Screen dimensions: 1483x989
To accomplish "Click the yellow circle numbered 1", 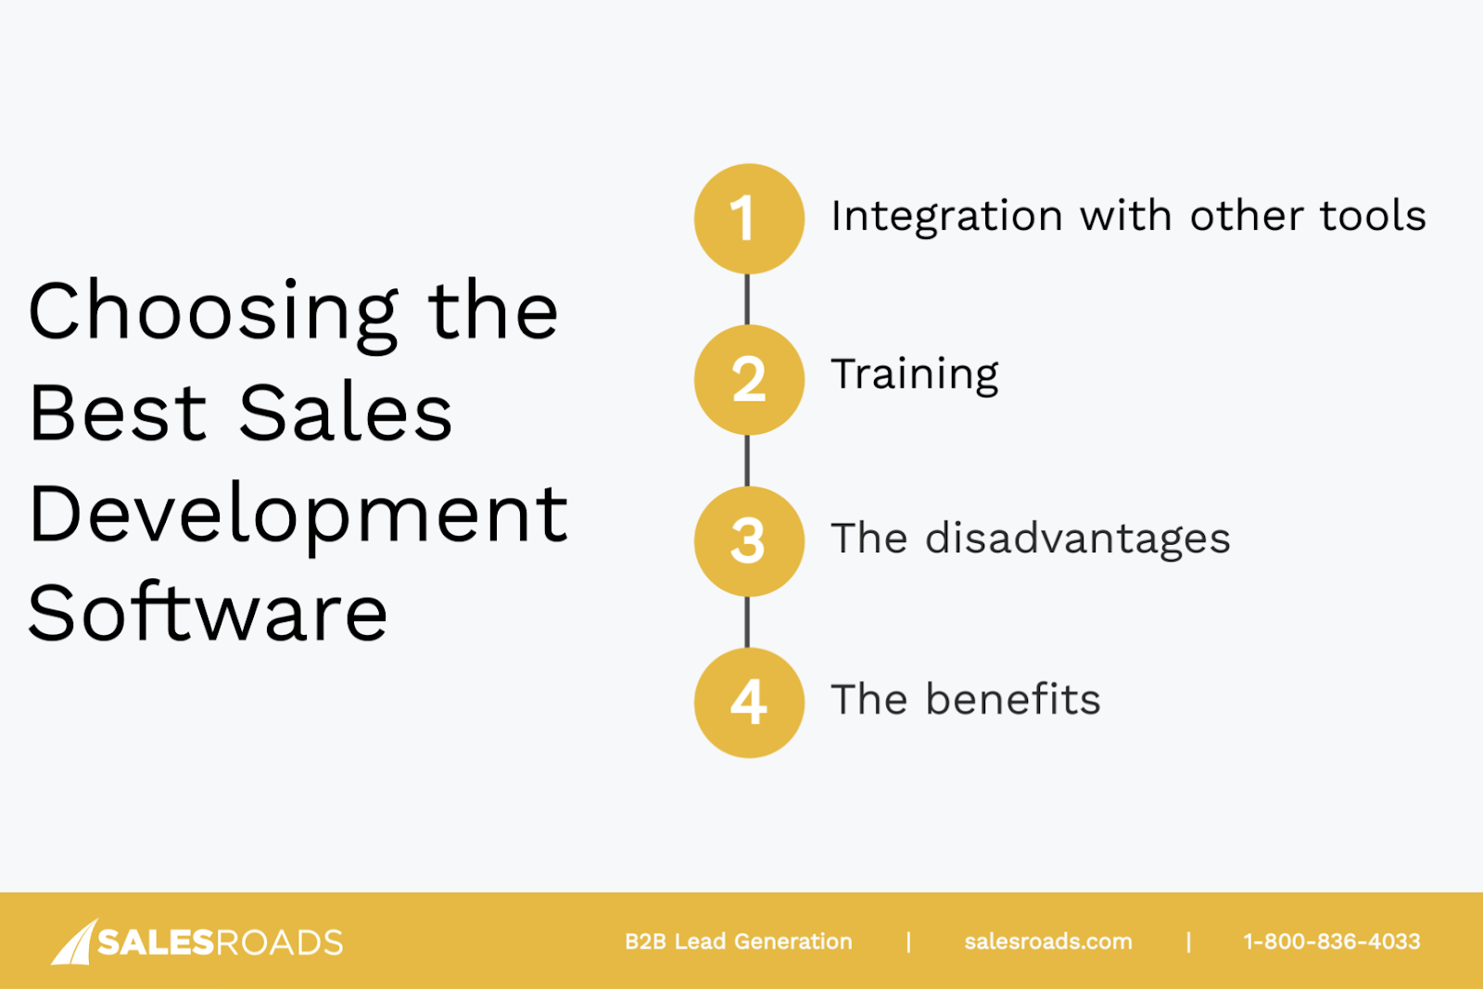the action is pyautogui.click(x=749, y=219).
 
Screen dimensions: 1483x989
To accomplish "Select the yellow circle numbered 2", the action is pyautogui.click(x=749, y=380).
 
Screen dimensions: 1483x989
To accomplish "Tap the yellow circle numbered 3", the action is pyautogui.click(x=749, y=541).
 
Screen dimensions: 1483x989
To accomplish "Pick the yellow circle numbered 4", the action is pyautogui.click(x=749, y=703).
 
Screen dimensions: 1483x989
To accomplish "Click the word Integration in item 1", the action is pyautogui.click(x=946, y=217).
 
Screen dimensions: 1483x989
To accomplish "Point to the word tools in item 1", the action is pyautogui.click(x=1373, y=215).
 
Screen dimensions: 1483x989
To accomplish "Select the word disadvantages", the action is pyautogui.click(x=1078, y=539).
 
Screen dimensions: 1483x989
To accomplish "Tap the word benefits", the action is pyautogui.click(x=1013, y=699).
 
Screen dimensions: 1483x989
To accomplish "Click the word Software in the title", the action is pyautogui.click(x=208, y=613).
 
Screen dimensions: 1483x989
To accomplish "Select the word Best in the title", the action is pyautogui.click(x=118, y=412).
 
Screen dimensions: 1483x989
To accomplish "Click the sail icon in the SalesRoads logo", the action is pyautogui.click(x=75, y=943).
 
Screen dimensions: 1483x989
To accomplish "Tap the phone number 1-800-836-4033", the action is pyautogui.click(x=1332, y=942).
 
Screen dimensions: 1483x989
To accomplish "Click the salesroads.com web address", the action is pyautogui.click(x=1048, y=942).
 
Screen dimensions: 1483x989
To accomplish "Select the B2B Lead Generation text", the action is pyautogui.click(x=738, y=942).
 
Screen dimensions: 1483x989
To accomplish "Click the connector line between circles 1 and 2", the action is pyautogui.click(x=747, y=299).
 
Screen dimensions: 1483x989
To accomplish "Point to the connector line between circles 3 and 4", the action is pyautogui.click(x=747, y=622).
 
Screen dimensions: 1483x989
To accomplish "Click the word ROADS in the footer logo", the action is pyautogui.click(x=279, y=943).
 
